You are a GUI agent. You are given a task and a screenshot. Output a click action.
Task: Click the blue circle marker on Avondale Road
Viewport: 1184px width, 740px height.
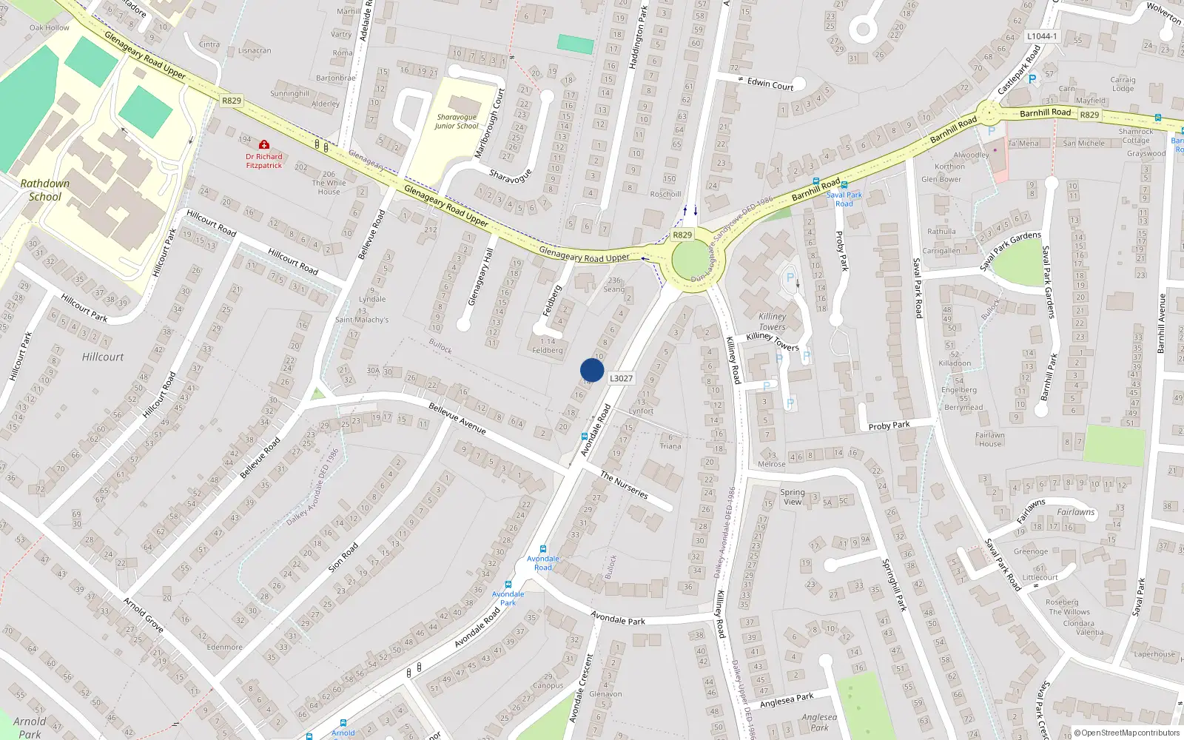[x=592, y=370]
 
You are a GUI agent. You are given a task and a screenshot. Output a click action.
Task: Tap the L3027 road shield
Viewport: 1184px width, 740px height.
[x=621, y=378]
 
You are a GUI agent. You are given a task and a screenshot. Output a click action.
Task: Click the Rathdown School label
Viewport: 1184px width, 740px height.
[x=45, y=190]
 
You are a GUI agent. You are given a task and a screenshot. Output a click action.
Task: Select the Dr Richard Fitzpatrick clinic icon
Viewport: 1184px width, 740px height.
[x=264, y=144]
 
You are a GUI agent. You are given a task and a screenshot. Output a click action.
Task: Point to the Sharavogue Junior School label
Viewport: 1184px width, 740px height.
[x=457, y=121]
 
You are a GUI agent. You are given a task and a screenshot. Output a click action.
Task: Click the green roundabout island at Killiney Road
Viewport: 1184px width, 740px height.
[x=691, y=261]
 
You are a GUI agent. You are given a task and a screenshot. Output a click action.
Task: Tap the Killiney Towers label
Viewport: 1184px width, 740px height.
[x=772, y=321]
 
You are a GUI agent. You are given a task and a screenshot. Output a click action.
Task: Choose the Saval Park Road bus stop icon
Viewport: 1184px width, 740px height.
[x=844, y=186]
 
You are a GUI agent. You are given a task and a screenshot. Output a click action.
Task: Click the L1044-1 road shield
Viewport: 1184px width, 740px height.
[x=1042, y=36]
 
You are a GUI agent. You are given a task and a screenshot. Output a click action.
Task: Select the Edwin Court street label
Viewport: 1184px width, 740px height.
[x=770, y=84]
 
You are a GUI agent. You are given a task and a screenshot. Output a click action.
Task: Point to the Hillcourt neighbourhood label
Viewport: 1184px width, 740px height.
[x=103, y=357]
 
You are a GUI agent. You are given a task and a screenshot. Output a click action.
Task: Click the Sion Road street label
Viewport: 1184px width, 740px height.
[x=343, y=556]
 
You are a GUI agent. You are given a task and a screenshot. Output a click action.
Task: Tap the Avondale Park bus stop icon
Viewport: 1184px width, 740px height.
[x=508, y=585]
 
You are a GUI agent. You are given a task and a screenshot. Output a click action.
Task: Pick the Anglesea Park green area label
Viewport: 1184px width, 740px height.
[x=819, y=721]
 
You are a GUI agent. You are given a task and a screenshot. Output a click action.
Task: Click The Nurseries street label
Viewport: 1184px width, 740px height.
[x=624, y=485]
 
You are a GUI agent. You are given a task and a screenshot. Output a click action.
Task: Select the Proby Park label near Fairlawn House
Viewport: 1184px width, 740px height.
[x=889, y=425]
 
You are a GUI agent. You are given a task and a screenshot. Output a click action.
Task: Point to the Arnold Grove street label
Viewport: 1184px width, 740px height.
[x=144, y=614]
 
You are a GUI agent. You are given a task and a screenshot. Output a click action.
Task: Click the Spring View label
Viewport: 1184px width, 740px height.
[x=793, y=497]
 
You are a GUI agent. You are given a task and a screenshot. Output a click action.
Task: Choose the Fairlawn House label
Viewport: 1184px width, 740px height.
[x=990, y=440]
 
